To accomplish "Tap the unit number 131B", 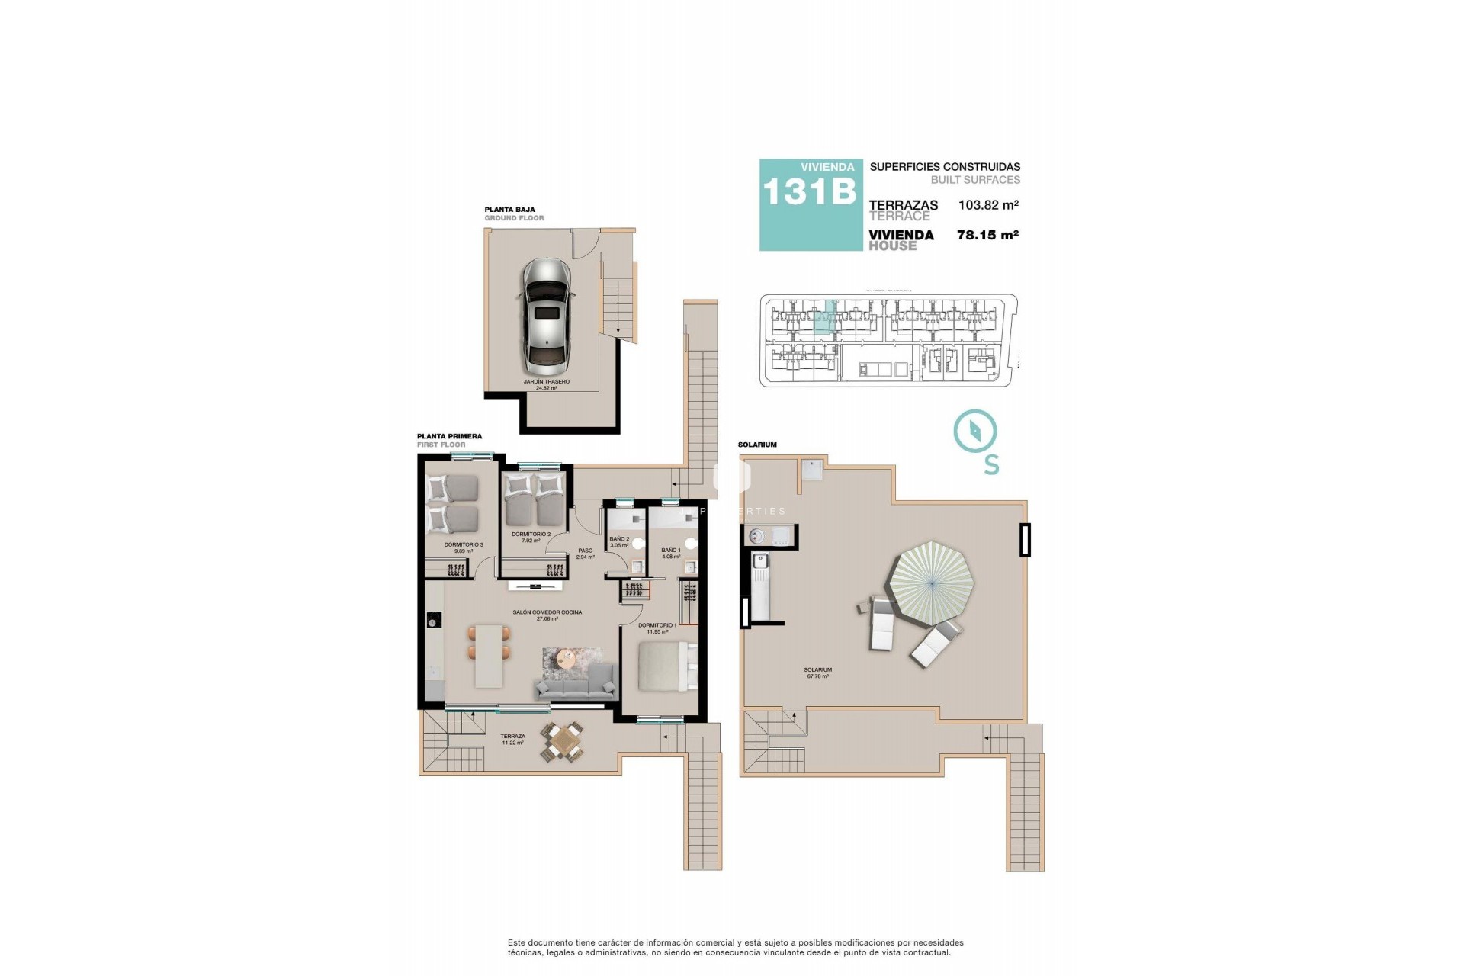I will [808, 192].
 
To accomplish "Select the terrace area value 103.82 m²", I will [988, 205].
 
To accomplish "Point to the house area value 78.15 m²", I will [987, 236].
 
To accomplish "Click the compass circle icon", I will [975, 431].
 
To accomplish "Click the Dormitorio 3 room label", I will [464, 547].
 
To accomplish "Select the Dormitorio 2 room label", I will [531, 537].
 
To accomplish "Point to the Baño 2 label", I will [619, 541].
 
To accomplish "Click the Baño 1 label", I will [671, 553].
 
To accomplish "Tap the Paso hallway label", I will [585, 554].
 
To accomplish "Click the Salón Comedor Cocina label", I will [547, 615].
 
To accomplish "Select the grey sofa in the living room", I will [576, 682].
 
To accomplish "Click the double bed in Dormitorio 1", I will [666, 666].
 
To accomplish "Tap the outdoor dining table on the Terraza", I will [563, 740].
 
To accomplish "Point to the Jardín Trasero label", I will [546, 384].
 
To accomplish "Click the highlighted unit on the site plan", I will [824, 319].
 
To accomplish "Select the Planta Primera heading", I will [449, 437].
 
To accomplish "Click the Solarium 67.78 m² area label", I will [817, 673].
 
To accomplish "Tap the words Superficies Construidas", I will [945, 167].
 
